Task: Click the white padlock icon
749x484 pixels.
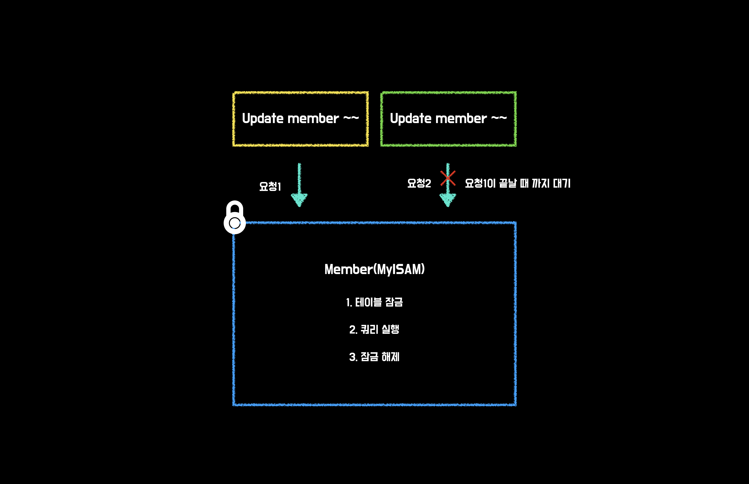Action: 234,218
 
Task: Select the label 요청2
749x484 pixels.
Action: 419,183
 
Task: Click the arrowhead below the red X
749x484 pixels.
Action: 448,200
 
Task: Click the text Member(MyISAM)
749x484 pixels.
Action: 374,269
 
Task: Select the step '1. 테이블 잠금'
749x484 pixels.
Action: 374,302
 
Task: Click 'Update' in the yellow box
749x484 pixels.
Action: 262,119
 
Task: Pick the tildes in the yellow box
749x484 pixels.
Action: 351,118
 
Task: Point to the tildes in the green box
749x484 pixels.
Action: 499,118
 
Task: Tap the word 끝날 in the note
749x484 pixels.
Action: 508,183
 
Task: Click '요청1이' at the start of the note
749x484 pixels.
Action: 480,183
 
